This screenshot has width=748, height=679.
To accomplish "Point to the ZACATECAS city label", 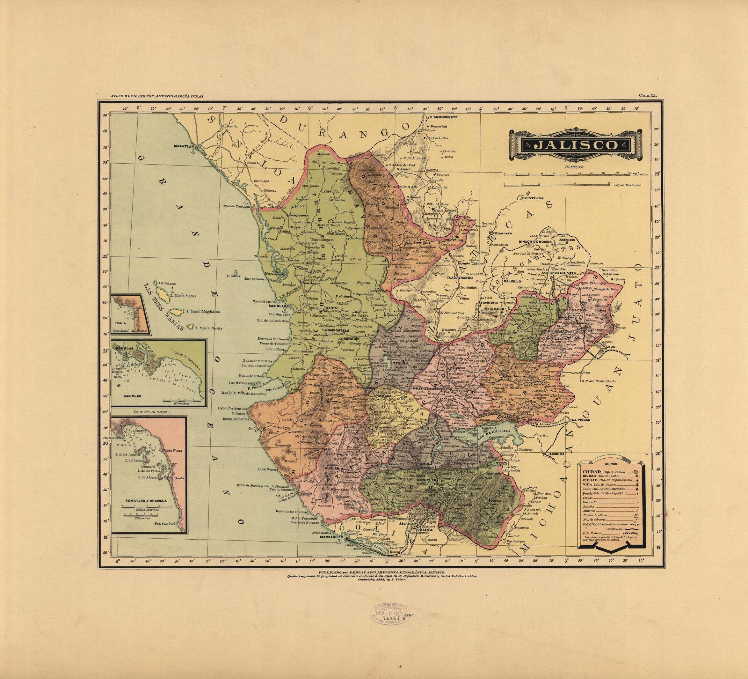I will (532, 198).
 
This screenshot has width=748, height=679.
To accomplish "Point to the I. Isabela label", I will (233, 276).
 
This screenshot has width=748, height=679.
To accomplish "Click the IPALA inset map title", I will (121, 323).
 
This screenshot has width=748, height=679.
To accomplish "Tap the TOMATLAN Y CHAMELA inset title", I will (146, 500).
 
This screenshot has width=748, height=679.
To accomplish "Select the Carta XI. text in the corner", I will (648, 95).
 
